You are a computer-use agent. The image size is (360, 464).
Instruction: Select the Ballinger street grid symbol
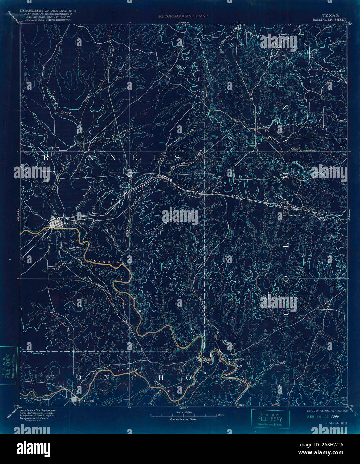[x=56, y=222]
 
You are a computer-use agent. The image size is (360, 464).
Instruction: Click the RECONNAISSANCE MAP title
[x=183, y=16]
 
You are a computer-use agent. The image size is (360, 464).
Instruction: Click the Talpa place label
[x=217, y=192]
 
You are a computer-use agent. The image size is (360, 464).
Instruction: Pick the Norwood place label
[x=127, y=187]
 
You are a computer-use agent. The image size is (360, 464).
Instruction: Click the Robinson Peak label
[x=331, y=71]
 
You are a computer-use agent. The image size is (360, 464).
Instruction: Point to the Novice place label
[x=284, y=34]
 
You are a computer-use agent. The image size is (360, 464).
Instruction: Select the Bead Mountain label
[x=290, y=215]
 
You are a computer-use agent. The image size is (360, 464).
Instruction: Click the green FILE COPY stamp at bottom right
[x=270, y=419]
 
